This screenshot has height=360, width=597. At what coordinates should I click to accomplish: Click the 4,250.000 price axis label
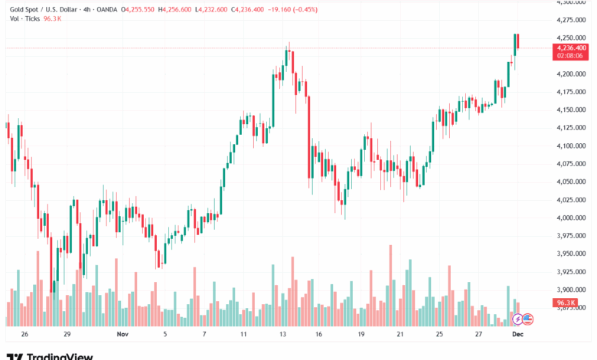(x=570, y=38)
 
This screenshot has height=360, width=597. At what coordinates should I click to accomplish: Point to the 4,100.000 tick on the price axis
(x=570, y=146)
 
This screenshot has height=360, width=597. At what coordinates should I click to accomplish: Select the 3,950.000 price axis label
(x=570, y=254)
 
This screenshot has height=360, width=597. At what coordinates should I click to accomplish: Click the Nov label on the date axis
(x=123, y=335)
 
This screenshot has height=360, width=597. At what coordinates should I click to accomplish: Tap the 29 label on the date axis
(x=67, y=335)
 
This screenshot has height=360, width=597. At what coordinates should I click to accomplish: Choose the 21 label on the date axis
(x=400, y=335)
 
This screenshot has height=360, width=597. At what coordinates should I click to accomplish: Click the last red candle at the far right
(x=518, y=43)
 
